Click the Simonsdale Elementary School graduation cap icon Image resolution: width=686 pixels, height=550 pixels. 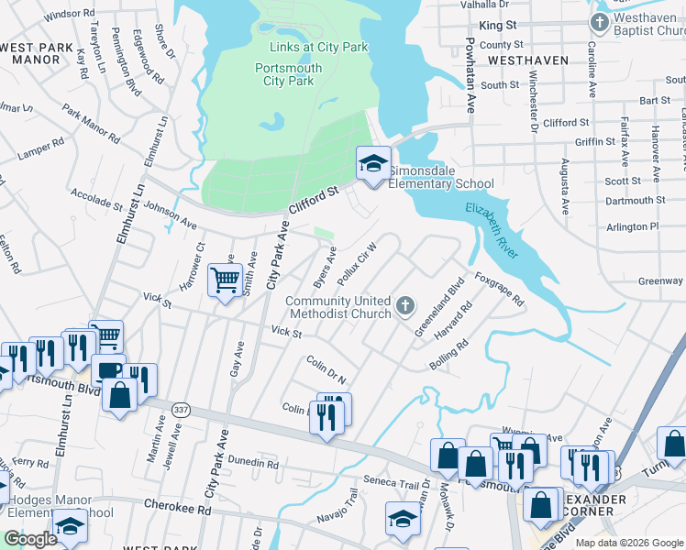373,164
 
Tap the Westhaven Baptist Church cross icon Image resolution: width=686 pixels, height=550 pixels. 599,22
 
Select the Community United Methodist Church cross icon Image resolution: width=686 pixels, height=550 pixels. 405,304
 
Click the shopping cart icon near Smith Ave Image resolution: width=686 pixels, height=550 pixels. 225,280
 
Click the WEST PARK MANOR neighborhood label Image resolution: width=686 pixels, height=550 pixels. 37,53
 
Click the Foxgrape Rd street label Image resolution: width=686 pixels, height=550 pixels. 499,288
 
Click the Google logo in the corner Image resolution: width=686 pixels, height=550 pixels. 31,539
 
